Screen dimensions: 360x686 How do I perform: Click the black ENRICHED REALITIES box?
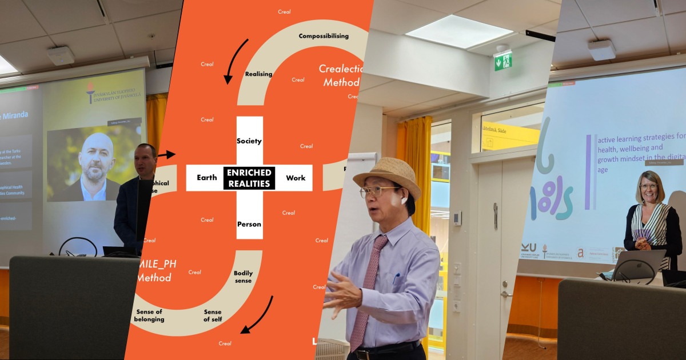[249, 178]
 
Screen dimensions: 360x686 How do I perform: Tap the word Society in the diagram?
[249, 141]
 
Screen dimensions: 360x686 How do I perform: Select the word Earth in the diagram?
[206, 178]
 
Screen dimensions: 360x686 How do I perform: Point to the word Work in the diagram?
[296, 178]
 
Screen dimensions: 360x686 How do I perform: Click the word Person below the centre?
[249, 224]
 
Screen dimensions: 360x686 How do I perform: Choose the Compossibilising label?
[324, 36]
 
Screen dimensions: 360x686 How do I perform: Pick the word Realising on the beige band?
[258, 74]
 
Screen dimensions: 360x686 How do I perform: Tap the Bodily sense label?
[243, 277]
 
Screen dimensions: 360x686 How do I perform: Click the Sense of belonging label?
[149, 315]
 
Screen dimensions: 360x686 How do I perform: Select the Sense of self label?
[213, 315]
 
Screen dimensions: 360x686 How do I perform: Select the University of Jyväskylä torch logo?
[90, 91]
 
